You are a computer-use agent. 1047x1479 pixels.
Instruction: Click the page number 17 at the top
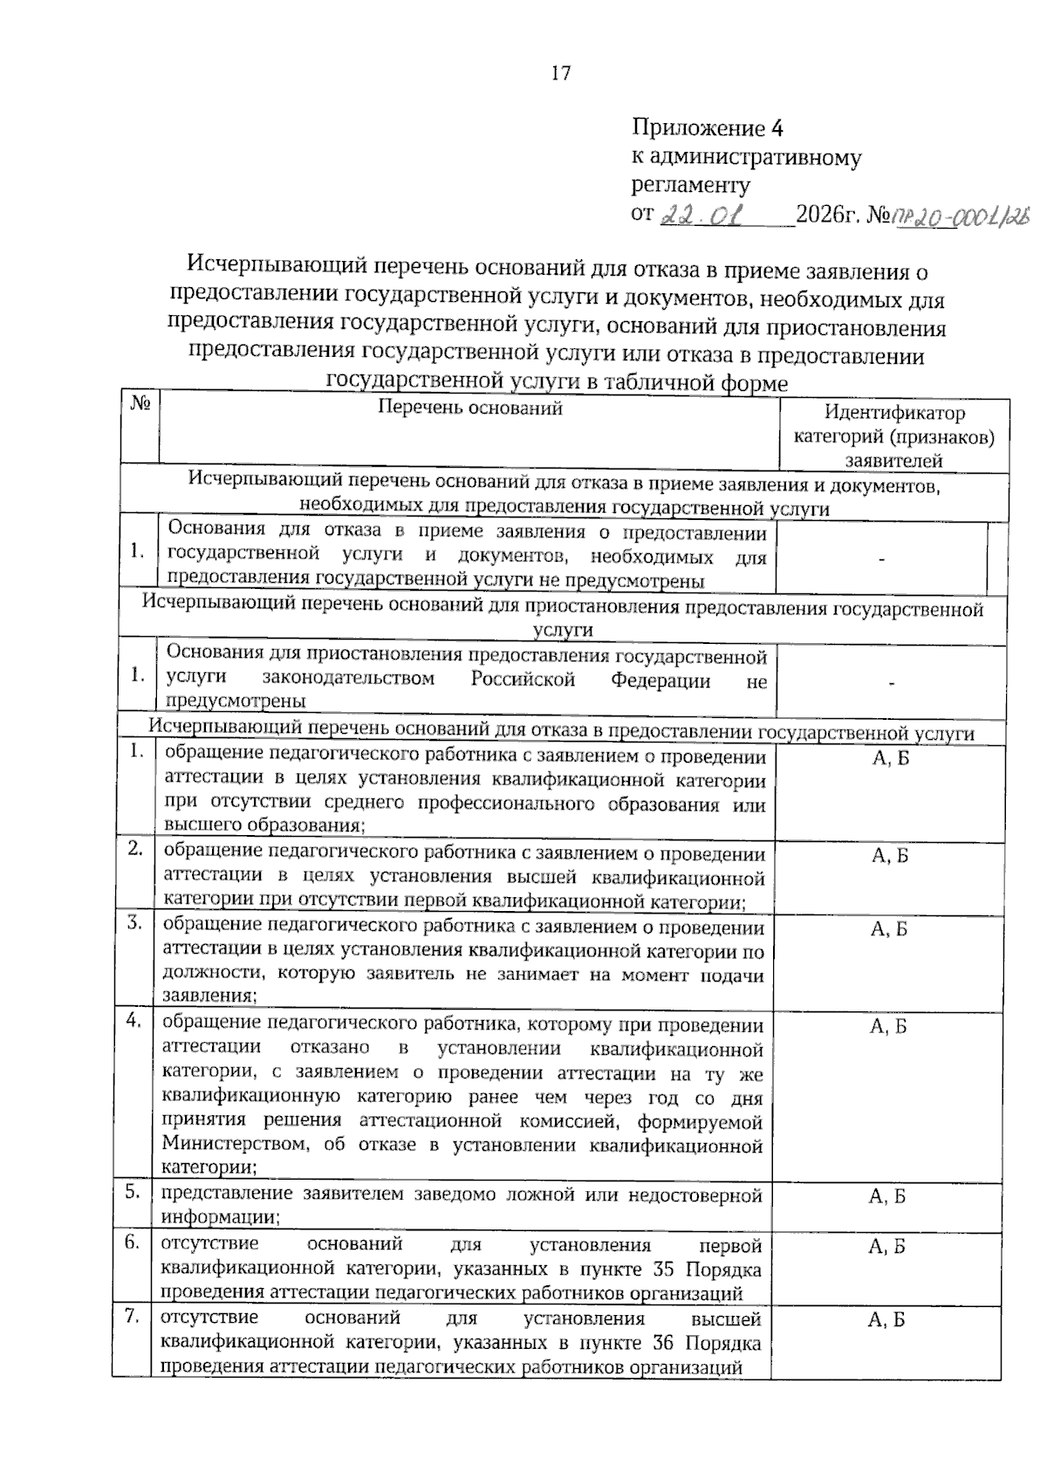561,73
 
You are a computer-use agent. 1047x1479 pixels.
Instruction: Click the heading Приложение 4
708,128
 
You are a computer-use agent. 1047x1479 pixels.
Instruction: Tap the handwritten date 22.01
701,215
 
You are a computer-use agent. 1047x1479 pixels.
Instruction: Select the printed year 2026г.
828,215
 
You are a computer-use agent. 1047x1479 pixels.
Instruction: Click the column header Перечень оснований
469,407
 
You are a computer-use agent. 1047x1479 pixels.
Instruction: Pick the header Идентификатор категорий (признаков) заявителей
894,436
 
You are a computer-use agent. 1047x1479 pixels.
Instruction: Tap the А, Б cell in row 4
889,1026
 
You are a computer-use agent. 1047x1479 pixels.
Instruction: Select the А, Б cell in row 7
886,1320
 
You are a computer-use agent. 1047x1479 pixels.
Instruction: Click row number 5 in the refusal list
133,1191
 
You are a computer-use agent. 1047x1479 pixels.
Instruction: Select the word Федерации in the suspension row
660,681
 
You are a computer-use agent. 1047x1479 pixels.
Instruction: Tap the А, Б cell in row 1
890,758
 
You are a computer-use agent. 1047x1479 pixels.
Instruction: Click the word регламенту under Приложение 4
690,185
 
